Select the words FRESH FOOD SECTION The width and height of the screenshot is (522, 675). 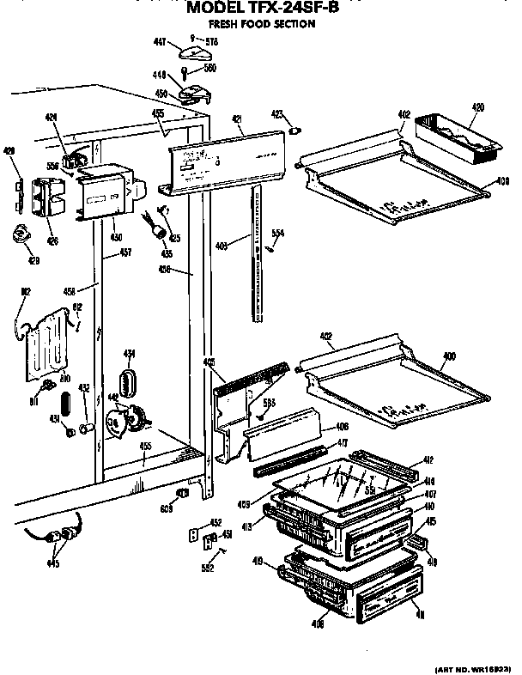(x=257, y=25)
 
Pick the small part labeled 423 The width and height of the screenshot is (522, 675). (x=296, y=131)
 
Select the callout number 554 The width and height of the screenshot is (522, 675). (x=277, y=233)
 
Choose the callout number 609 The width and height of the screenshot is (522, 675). (x=167, y=509)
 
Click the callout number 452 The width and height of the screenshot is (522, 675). (x=216, y=522)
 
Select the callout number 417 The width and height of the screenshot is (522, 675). (x=343, y=443)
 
